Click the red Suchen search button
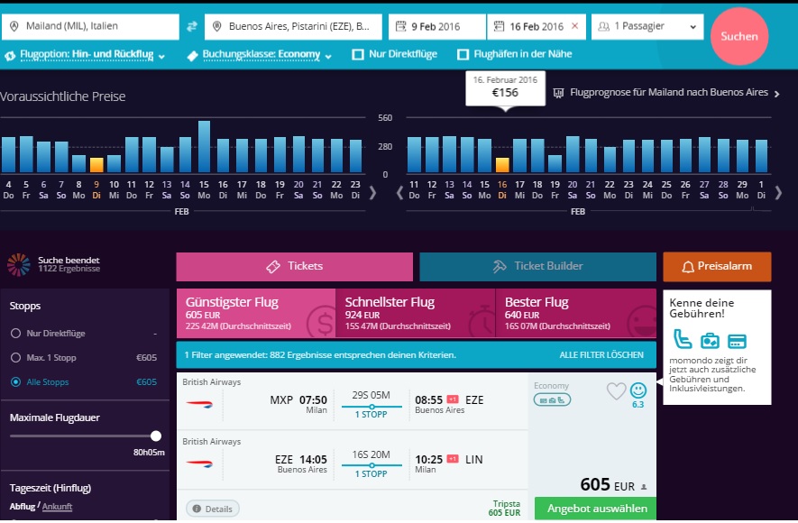tap(739, 36)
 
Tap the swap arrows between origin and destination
tap(192, 26)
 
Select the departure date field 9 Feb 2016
tap(436, 26)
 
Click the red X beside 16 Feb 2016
tap(575, 26)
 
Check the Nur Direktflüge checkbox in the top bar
tap(358, 54)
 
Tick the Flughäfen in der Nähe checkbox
tap(463, 54)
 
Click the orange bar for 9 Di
tap(96, 165)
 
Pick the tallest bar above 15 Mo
tap(204, 146)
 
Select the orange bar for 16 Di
tap(502, 165)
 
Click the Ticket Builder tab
tap(537, 267)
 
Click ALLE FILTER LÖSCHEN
tap(601, 355)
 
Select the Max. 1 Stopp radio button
tap(15, 358)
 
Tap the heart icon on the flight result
tap(617, 390)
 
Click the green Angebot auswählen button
tap(595, 509)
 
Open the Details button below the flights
tap(213, 509)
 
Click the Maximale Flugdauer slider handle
tap(156, 436)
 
